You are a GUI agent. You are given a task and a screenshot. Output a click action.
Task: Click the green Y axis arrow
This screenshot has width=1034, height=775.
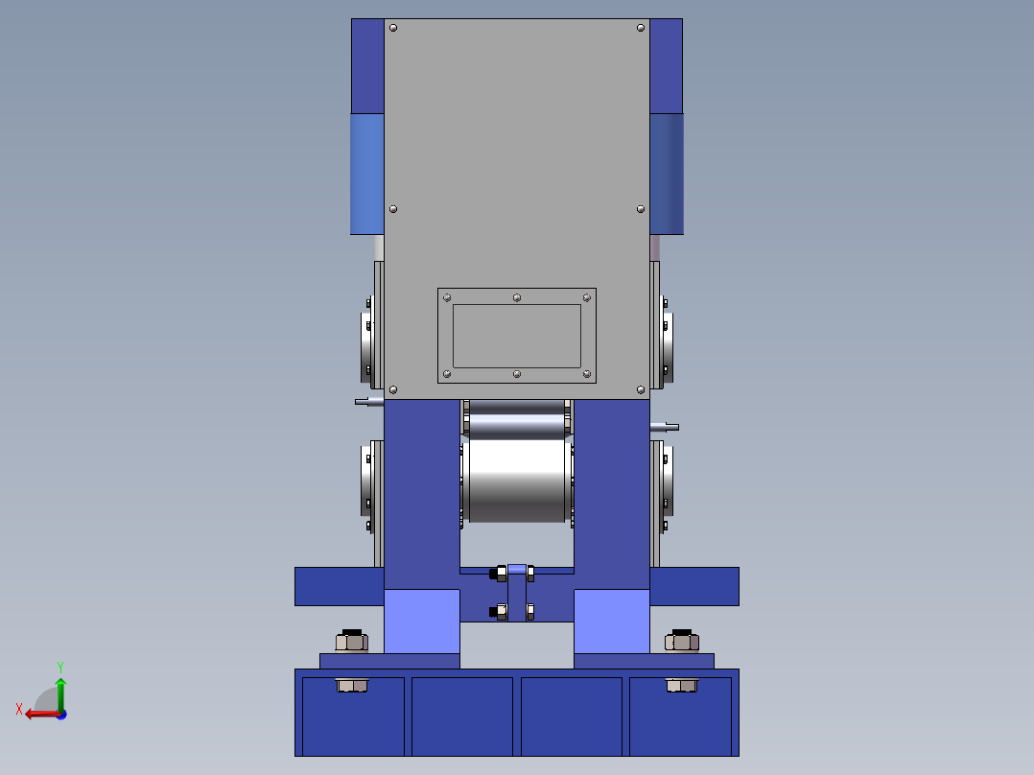click(60, 693)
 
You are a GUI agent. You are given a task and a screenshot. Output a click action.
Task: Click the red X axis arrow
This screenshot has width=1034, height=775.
click(43, 714)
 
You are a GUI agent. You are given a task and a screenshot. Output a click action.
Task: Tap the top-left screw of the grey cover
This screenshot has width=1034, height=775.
click(393, 28)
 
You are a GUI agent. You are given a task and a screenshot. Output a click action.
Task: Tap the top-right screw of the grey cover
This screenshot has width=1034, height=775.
click(641, 28)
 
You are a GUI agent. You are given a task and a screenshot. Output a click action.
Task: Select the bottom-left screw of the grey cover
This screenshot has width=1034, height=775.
click(393, 389)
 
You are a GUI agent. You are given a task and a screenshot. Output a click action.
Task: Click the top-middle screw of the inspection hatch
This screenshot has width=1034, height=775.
click(517, 298)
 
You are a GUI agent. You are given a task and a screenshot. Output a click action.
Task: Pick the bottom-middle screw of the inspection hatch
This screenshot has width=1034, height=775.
click(517, 374)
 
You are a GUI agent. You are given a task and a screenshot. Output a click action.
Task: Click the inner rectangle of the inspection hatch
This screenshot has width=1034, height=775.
click(517, 336)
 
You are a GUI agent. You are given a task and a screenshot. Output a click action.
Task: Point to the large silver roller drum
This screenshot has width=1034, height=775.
click(517, 481)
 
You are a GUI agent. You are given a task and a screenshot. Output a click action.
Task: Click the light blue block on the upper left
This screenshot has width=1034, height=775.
click(366, 174)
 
